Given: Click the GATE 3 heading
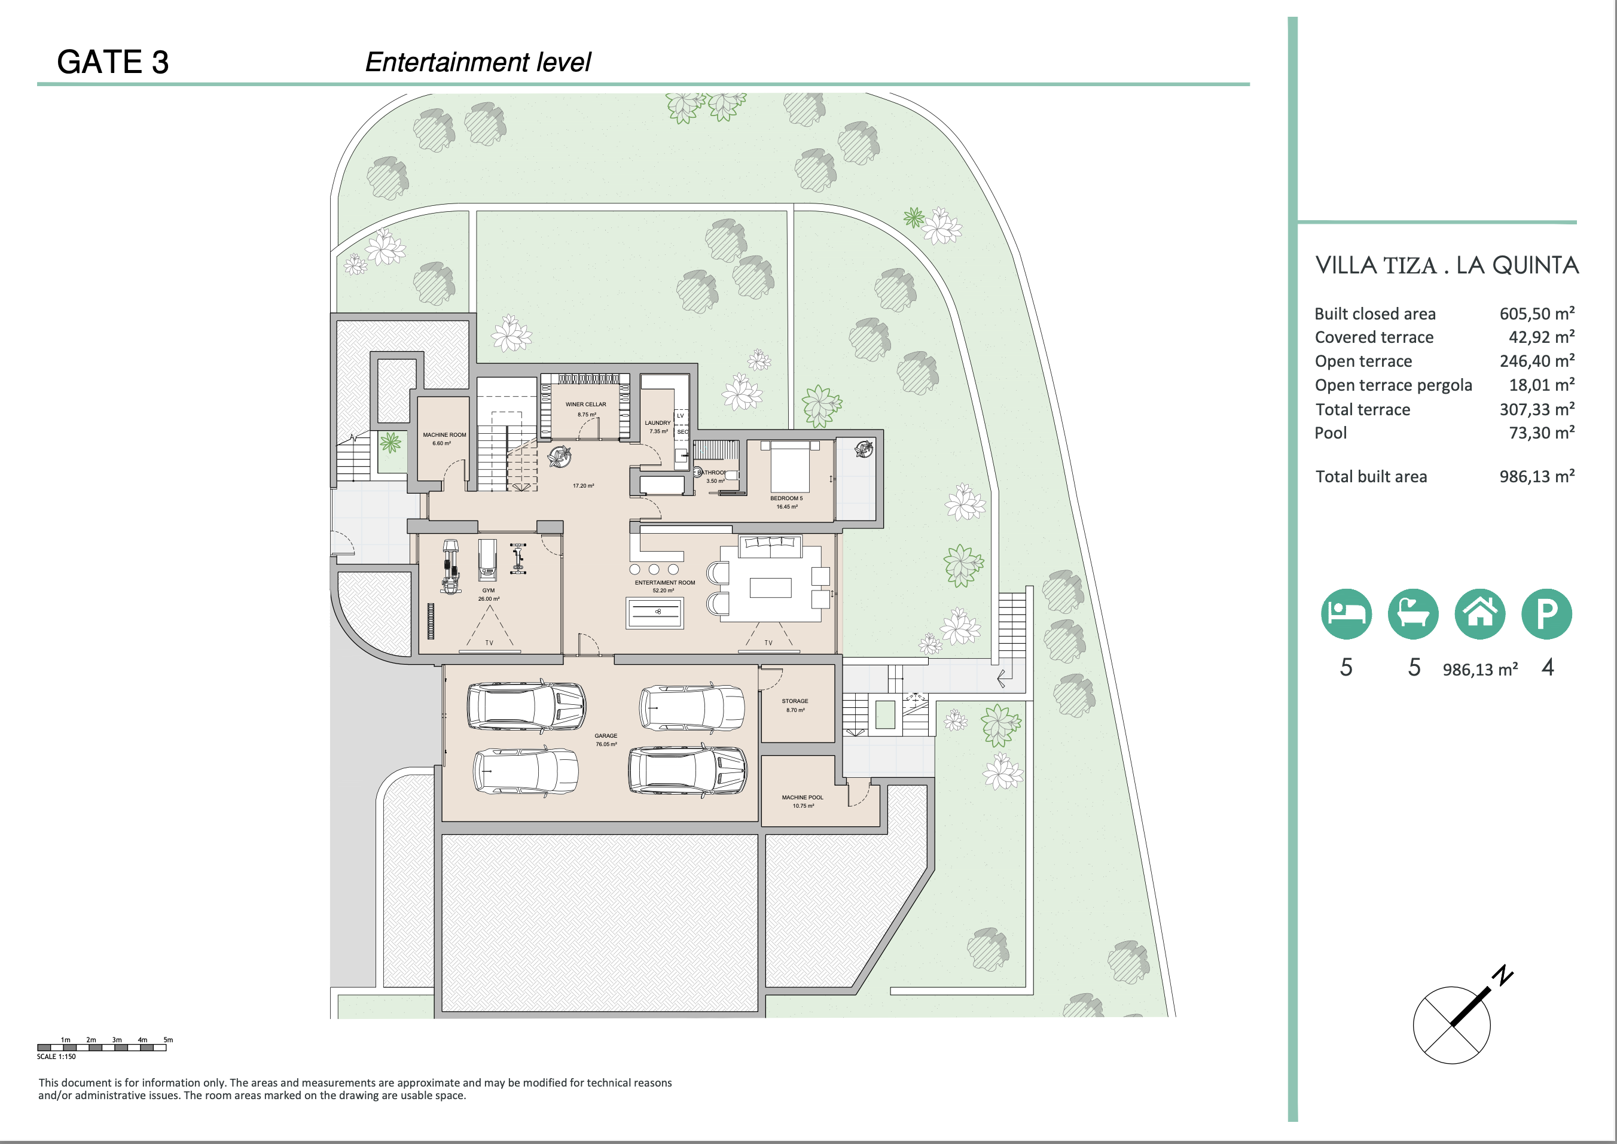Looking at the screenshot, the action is point(112,62).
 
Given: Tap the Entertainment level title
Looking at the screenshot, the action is point(477,62).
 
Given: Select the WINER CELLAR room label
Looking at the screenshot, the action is point(585,404).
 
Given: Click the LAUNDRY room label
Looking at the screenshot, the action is point(658,422).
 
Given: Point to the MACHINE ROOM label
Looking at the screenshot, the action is point(444,434).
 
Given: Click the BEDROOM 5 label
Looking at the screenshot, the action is point(786,498).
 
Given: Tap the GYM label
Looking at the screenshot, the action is point(489,591).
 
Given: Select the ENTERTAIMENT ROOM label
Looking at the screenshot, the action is point(664,583).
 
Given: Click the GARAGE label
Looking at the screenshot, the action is point(606,735).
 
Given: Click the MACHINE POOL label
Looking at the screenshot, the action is point(802,798).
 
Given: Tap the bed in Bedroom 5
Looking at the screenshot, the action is point(790,466).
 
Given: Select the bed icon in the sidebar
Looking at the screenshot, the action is point(1346,613).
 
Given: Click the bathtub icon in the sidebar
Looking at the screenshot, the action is point(1412,613).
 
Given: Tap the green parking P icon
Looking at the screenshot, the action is point(1546,613).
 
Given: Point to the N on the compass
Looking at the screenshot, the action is point(1503,975).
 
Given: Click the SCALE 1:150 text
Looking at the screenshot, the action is point(56,1057).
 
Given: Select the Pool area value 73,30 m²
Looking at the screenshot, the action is point(1541,433).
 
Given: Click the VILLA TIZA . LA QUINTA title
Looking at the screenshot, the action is point(1447,266).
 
